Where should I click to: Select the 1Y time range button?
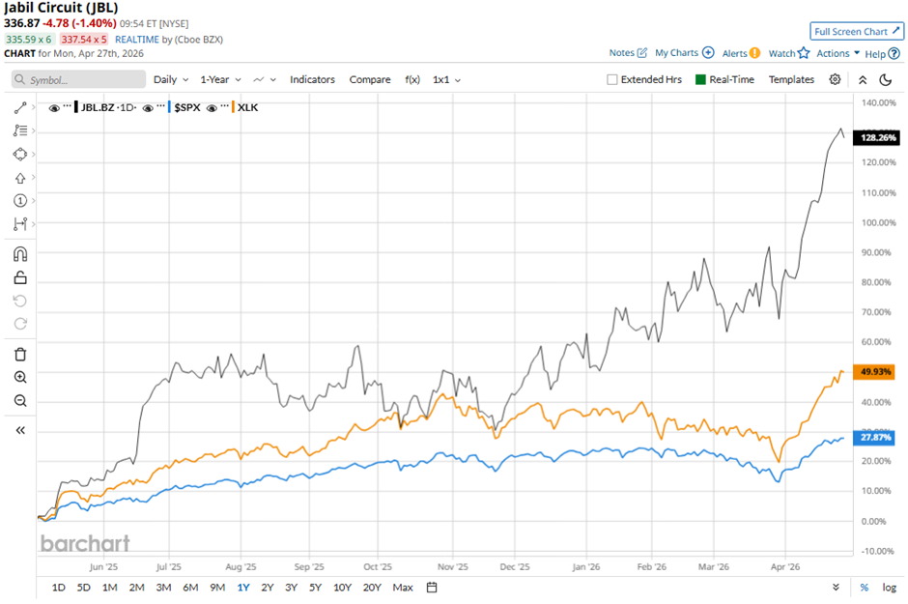click(x=242, y=588)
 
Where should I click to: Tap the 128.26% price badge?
click(x=878, y=138)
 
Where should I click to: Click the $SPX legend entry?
click(x=184, y=107)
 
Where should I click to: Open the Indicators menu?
click(x=312, y=79)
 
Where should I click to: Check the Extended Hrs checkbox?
click(x=612, y=79)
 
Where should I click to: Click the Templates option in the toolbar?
click(x=791, y=79)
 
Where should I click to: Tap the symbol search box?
click(x=77, y=79)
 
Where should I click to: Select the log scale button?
click(x=890, y=588)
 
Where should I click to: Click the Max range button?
click(x=403, y=588)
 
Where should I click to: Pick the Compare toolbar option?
click(x=370, y=79)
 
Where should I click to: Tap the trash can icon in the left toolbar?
click(x=20, y=354)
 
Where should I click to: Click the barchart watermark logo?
click(x=84, y=543)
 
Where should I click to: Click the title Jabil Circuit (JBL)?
click(x=62, y=8)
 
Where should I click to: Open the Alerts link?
click(x=741, y=53)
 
